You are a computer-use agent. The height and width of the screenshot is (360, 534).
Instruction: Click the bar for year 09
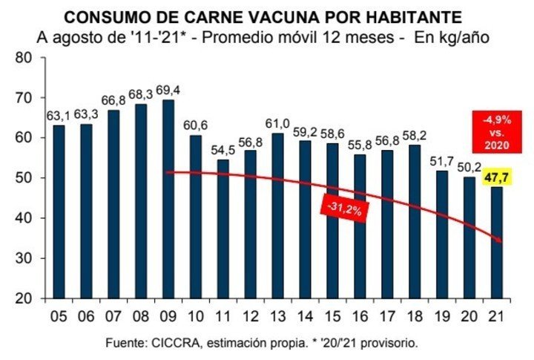click(x=168, y=199)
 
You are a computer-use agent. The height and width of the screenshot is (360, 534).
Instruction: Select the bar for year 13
click(x=278, y=216)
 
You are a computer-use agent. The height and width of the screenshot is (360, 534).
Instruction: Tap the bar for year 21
click(x=497, y=243)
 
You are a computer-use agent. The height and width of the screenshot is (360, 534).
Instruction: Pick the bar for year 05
click(x=59, y=212)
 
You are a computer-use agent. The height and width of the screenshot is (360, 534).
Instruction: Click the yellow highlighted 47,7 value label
click(x=496, y=177)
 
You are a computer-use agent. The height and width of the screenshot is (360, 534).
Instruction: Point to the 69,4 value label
click(x=168, y=91)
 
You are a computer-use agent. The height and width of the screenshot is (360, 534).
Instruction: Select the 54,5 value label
click(x=222, y=151)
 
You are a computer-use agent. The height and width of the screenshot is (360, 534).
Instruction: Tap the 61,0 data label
click(x=277, y=123)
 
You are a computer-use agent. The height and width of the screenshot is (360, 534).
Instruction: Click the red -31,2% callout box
click(x=344, y=209)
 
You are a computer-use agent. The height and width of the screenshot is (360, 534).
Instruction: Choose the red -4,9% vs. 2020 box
click(x=497, y=132)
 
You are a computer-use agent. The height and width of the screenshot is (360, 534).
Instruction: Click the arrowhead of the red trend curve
click(x=499, y=240)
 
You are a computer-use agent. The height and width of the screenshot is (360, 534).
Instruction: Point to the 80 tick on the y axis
click(x=24, y=57)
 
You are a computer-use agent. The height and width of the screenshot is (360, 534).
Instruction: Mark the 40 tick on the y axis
click(x=24, y=218)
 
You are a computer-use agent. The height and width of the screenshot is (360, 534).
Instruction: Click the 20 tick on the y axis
click(x=24, y=298)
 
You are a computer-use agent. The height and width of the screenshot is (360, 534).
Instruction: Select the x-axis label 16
click(x=360, y=317)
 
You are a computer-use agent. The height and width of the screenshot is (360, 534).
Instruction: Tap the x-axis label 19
click(x=442, y=317)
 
